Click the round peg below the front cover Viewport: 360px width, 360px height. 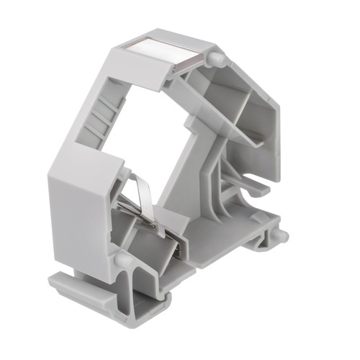tap(122, 258)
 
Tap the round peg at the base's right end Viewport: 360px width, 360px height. tap(282, 235)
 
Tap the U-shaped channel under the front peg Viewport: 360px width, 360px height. tap(133, 288)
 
